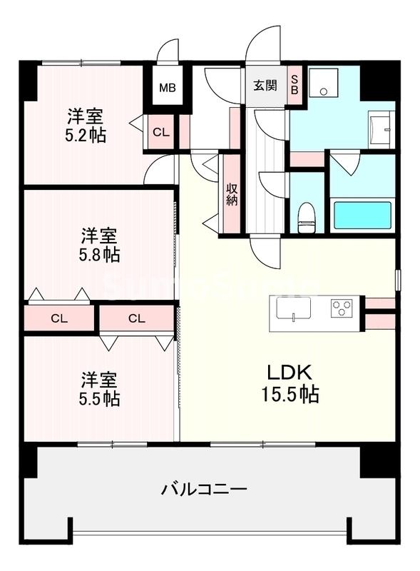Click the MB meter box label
click(167, 89)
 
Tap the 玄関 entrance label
click(265, 86)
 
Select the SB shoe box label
click(294, 86)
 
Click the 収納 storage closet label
click(232, 193)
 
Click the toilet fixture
click(307, 216)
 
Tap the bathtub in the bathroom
click(362, 215)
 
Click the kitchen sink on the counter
click(293, 310)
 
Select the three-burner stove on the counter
click(342, 309)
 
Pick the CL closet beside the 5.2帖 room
click(161, 132)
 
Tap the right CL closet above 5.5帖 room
click(137, 318)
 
